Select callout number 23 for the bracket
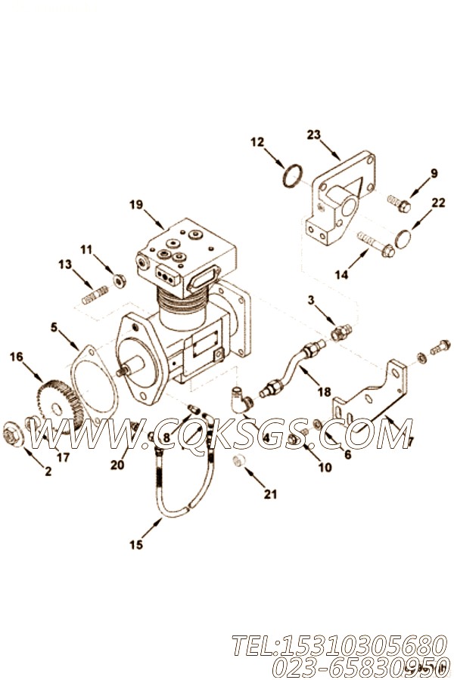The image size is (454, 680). point(314,134)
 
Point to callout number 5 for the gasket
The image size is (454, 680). point(54,327)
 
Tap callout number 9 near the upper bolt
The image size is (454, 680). point(434,173)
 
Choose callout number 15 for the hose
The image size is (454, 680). point(135,544)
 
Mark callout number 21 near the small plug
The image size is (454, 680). point(270,495)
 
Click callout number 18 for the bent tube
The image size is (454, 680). point(324,391)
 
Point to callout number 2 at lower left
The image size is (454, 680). point(48,472)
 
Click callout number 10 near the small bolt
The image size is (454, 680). point(325,467)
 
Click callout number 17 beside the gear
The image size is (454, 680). point(63,456)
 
